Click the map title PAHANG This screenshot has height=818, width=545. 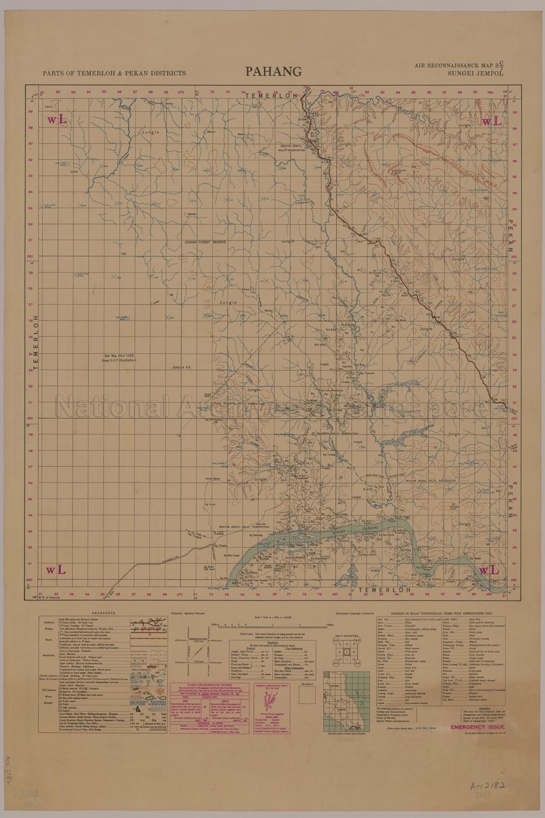point(273,71)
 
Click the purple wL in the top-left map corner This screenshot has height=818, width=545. point(57,120)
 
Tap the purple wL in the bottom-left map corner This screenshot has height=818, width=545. point(56,570)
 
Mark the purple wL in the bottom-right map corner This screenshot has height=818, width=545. point(490,570)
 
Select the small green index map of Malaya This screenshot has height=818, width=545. point(349,697)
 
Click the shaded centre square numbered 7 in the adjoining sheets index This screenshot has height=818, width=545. point(346,652)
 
